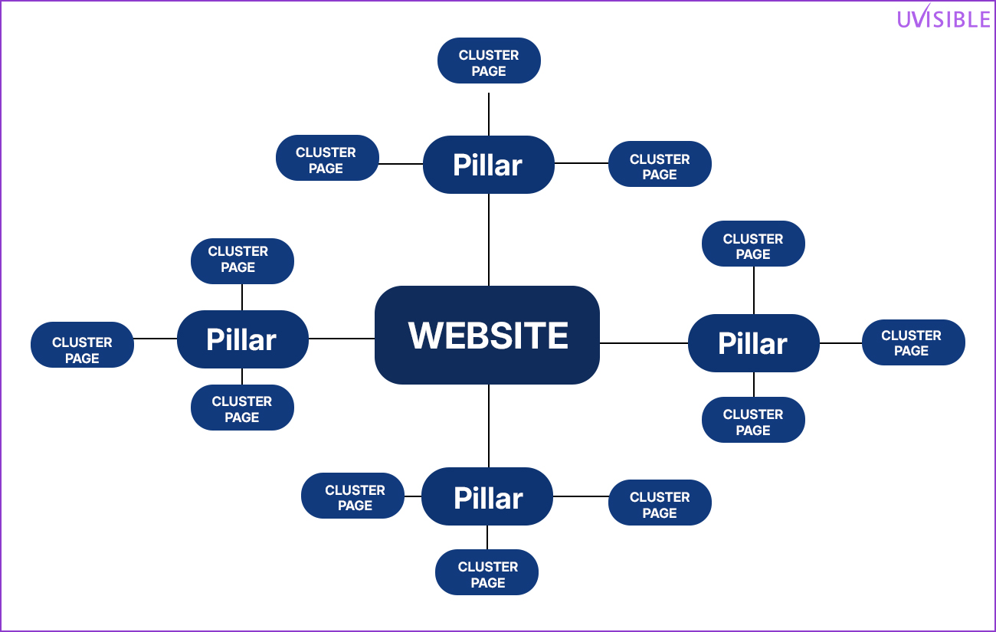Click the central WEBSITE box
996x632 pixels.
coord(487,336)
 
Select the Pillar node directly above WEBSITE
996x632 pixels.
coord(488,165)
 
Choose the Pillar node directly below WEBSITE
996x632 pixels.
coord(487,497)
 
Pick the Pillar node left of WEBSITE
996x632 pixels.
coord(242,339)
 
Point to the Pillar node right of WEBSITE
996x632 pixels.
coord(753,343)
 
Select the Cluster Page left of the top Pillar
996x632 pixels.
coord(327,159)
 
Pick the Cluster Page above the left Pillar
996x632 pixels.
coord(242,260)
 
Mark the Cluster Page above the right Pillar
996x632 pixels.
coord(753,244)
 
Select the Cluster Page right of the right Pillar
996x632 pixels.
coord(912,342)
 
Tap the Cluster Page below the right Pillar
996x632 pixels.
coord(753,421)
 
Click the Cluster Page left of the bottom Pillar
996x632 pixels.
coord(353,496)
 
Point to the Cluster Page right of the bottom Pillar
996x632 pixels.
coord(660,503)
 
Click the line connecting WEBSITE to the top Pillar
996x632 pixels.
coord(489,239)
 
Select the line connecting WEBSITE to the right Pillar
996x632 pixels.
coord(644,343)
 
